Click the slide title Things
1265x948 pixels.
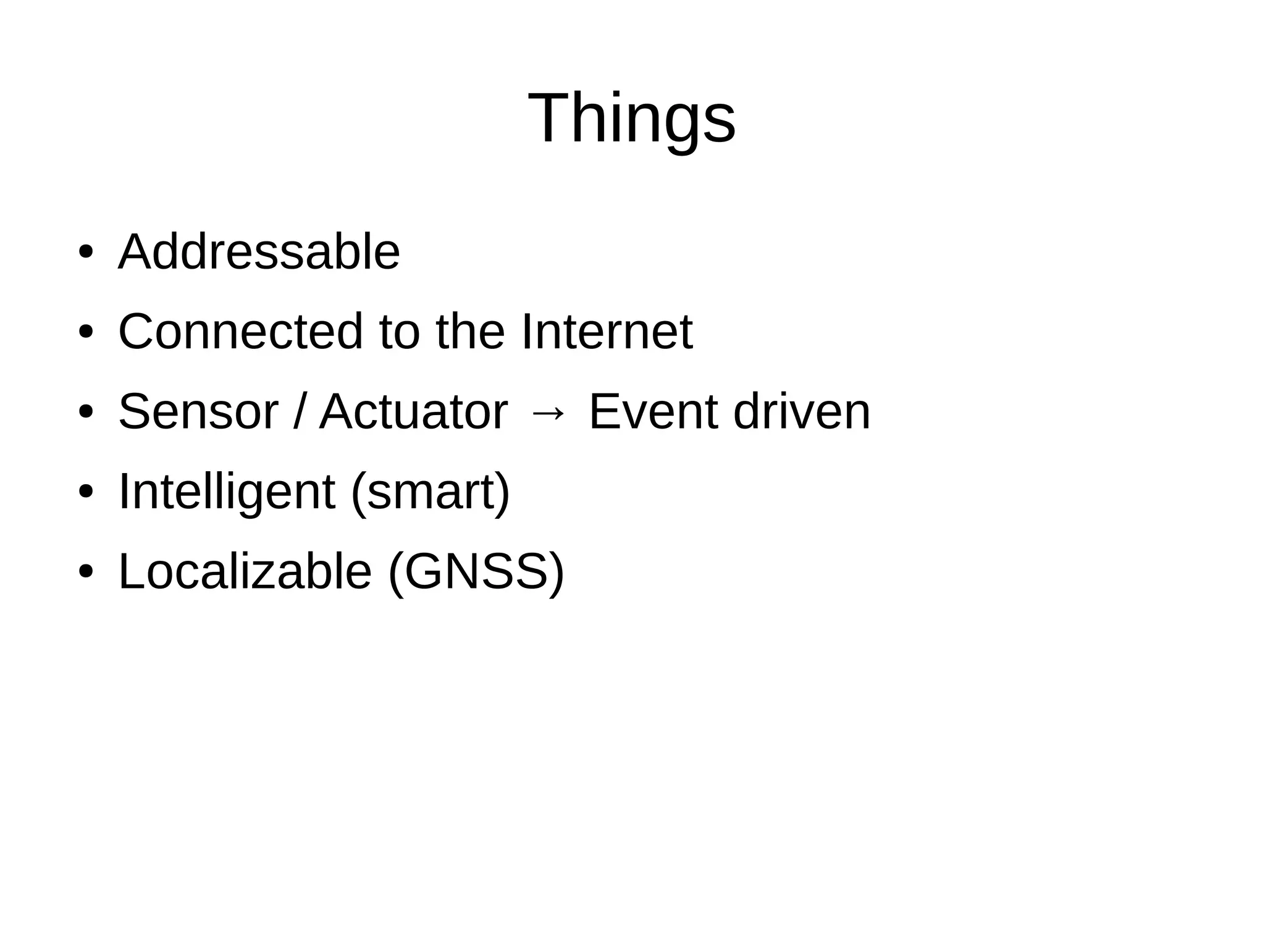(631, 117)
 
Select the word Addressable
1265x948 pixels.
(259, 252)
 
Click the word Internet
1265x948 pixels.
(607, 332)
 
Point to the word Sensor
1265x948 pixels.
(198, 411)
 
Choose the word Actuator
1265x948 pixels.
(413, 411)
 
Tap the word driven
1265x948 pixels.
(802, 411)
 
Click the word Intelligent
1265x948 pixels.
(227, 492)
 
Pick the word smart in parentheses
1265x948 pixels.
(431, 492)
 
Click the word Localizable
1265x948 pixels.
(245, 571)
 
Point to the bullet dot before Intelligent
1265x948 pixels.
(85, 492)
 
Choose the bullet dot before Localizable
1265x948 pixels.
(85, 572)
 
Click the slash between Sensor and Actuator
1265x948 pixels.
(299, 411)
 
